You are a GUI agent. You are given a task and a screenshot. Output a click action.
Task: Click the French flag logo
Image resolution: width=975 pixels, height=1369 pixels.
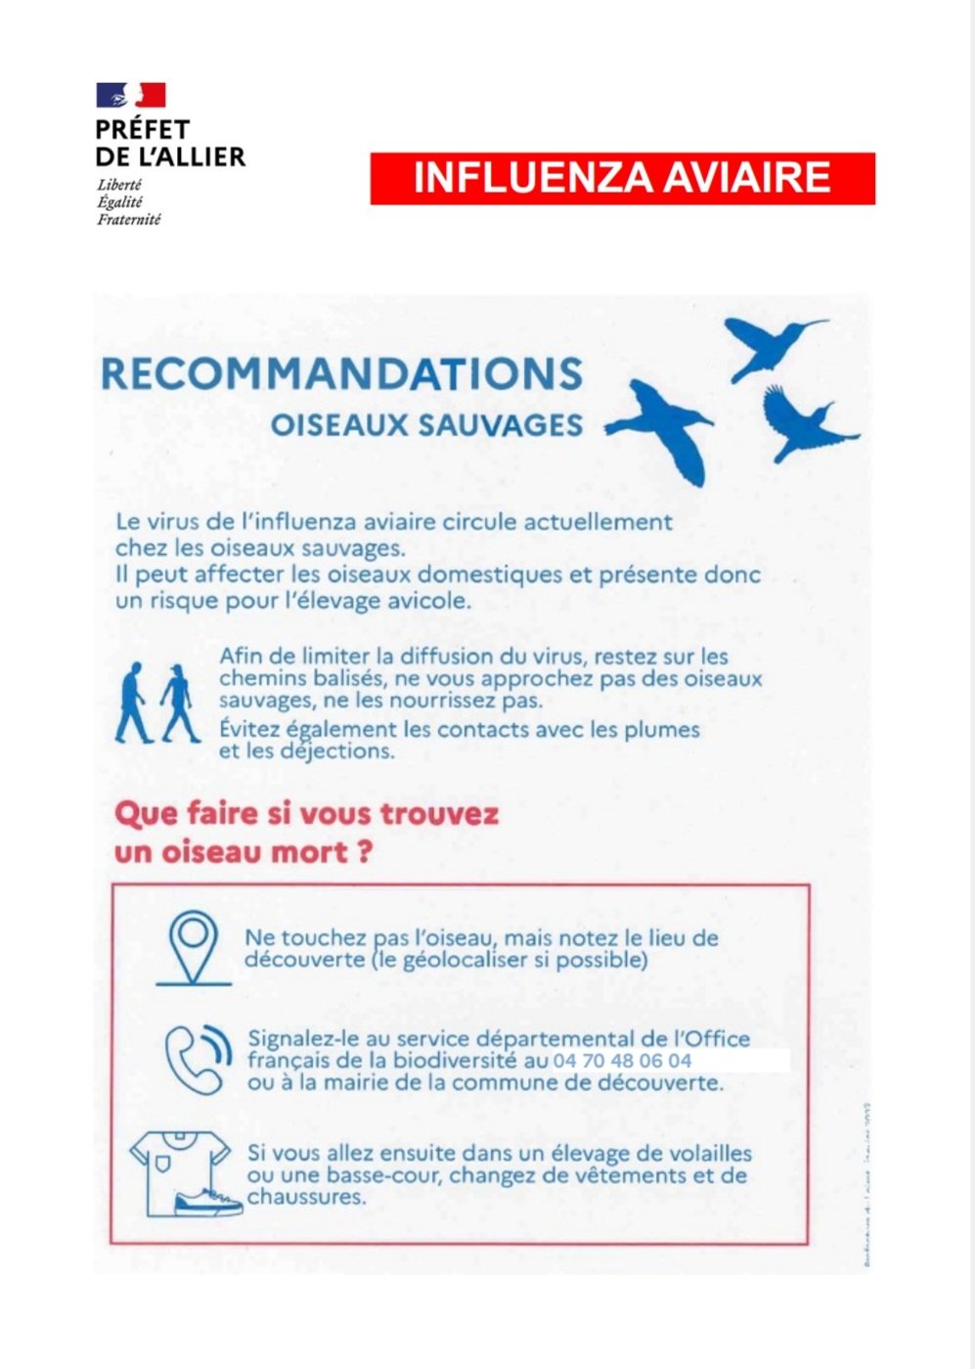click(x=130, y=95)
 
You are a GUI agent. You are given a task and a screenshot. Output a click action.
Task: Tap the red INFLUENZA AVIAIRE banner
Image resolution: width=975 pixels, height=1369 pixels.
click(x=622, y=178)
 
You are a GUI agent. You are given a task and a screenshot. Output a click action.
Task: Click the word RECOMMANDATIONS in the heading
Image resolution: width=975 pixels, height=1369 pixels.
click(x=341, y=374)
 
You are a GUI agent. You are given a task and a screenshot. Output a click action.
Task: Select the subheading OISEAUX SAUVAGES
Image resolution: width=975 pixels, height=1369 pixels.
click(x=426, y=425)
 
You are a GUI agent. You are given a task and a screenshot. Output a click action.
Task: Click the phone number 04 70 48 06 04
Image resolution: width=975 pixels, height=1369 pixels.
click(x=622, y=1060)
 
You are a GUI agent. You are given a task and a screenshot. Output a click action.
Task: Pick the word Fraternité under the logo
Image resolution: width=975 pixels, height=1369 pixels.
click(x=128, y=219)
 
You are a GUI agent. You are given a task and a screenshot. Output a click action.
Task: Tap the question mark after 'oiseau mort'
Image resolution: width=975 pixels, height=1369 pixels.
click(x=364, y=853)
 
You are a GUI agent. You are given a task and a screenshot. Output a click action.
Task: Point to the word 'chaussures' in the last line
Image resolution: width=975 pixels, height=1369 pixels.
click(x=305, y=1197)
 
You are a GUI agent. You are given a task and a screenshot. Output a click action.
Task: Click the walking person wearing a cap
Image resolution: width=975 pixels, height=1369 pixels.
click(x=179, y=703)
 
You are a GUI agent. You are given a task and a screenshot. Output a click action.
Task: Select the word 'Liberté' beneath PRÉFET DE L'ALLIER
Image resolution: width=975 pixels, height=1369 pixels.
click(x=119, y=185)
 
